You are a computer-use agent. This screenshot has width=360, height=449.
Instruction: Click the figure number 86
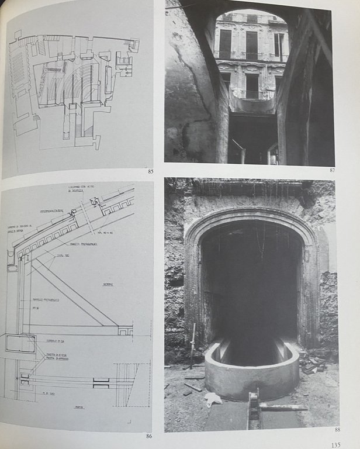(149, 436)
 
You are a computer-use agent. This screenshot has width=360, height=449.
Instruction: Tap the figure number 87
(332, 170)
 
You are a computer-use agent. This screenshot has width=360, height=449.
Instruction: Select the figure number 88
(337, 430)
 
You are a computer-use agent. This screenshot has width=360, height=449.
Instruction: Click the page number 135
(335, 444)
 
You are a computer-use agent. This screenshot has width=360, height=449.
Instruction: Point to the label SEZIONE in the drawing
(108, 284)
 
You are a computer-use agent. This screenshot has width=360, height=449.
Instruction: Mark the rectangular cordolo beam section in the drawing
(20, 343)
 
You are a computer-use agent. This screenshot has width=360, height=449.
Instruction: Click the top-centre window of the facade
(251, 44)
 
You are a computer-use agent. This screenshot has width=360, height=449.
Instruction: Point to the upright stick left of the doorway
(193, 345)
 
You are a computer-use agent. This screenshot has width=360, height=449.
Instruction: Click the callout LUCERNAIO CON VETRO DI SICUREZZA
(88, 188)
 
